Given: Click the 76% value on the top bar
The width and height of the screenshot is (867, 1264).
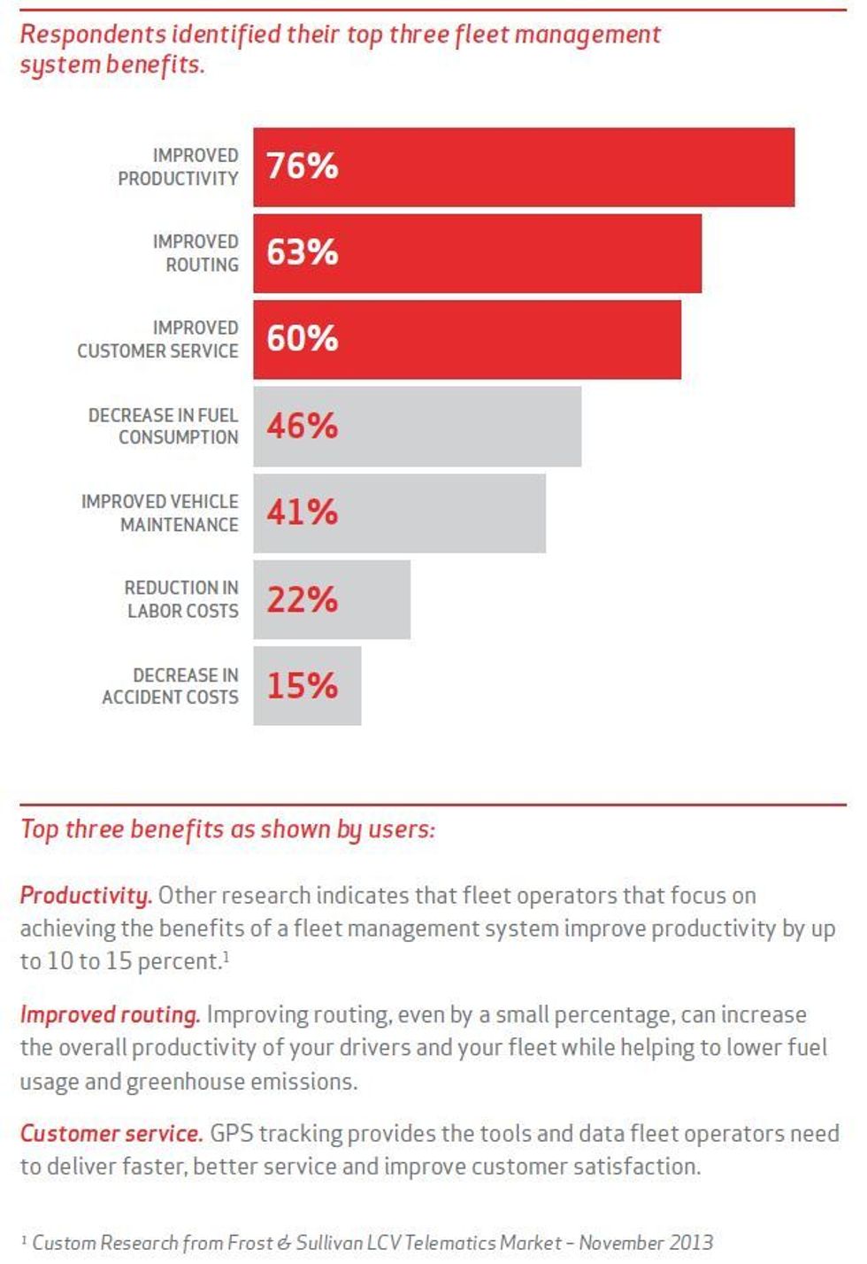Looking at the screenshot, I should pyautogui.click(x=302, y=166).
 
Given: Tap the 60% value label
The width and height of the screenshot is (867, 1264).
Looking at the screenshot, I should pyautogui.click(x=302, y=338).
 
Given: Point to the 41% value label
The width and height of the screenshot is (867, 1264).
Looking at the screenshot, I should pyautogui.click(x=302, y=512).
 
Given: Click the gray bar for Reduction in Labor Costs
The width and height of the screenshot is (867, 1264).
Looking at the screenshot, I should pyautogui.click(x=372, y=599).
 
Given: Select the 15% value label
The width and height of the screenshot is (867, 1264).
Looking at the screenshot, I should pyautogui.click(x=302, y=685).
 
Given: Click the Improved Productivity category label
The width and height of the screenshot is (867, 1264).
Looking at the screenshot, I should pyautogui.click(x=179, y=166).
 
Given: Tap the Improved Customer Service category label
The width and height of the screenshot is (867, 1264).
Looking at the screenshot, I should pyautogui.click(x=158, y=339).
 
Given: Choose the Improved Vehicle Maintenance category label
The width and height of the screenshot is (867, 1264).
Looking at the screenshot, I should pyautogui.click(x=160, y=513).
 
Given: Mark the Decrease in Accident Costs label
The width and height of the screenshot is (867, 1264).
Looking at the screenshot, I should pyautogui.click(x=171, y=686).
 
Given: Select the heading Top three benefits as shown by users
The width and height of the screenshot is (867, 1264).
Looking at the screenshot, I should pyautogui.click(x=227, y=829).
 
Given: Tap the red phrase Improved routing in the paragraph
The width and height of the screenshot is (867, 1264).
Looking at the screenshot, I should pyautogui.click(x=110, y=1014).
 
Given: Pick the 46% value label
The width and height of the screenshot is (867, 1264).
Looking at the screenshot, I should pyautogui.click(x=302, y=426).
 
